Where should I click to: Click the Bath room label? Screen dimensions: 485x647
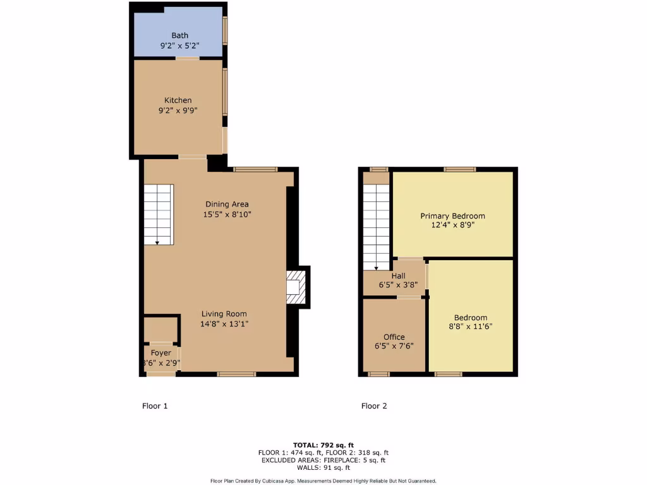179,35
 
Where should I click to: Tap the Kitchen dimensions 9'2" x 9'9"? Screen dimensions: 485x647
178,110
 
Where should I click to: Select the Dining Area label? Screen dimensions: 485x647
227,204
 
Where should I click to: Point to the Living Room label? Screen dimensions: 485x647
224,314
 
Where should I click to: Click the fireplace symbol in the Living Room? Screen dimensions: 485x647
296,287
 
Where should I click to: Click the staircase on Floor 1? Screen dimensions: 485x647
158,214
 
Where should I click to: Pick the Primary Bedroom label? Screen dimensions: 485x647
452,216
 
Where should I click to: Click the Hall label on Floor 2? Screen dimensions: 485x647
398,276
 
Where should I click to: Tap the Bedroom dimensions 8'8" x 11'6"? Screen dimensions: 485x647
470,326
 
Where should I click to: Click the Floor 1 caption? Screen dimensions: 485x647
155,406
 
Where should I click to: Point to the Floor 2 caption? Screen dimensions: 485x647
374,406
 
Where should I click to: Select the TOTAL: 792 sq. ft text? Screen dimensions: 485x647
323,445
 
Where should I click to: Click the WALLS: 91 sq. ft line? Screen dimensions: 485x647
323,467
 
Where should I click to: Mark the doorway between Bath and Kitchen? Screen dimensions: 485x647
188,58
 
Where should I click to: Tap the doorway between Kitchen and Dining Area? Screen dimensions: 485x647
192,157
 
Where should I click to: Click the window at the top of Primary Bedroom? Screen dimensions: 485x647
459,169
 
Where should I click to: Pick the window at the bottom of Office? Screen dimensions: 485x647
378,374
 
